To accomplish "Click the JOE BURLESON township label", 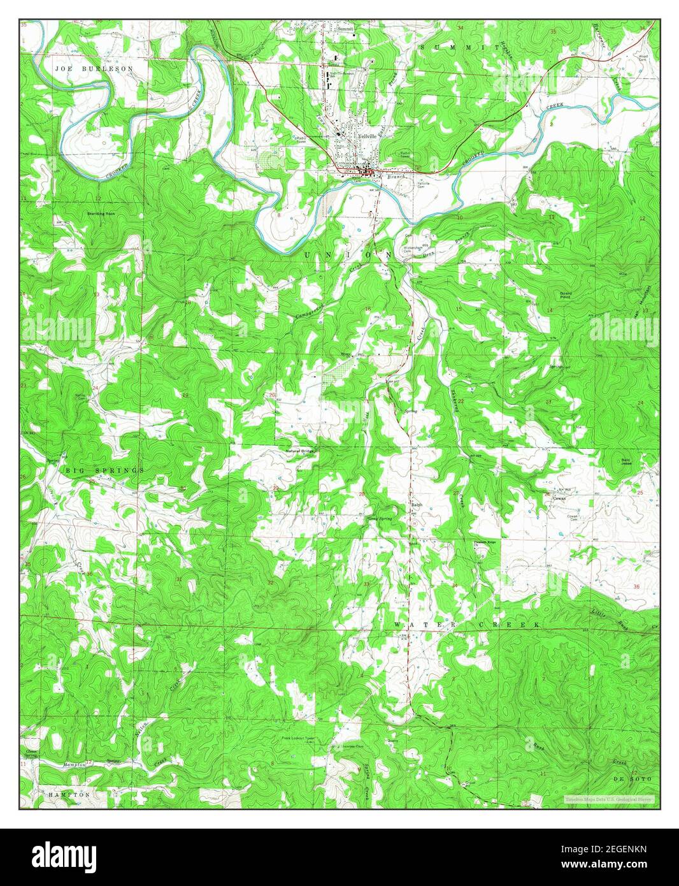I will pos(94,68).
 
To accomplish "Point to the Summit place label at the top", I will pos(345,29).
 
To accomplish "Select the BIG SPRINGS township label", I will pos(104,470).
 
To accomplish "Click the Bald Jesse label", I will pos(627,461).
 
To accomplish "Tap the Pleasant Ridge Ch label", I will pos(485,544).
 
